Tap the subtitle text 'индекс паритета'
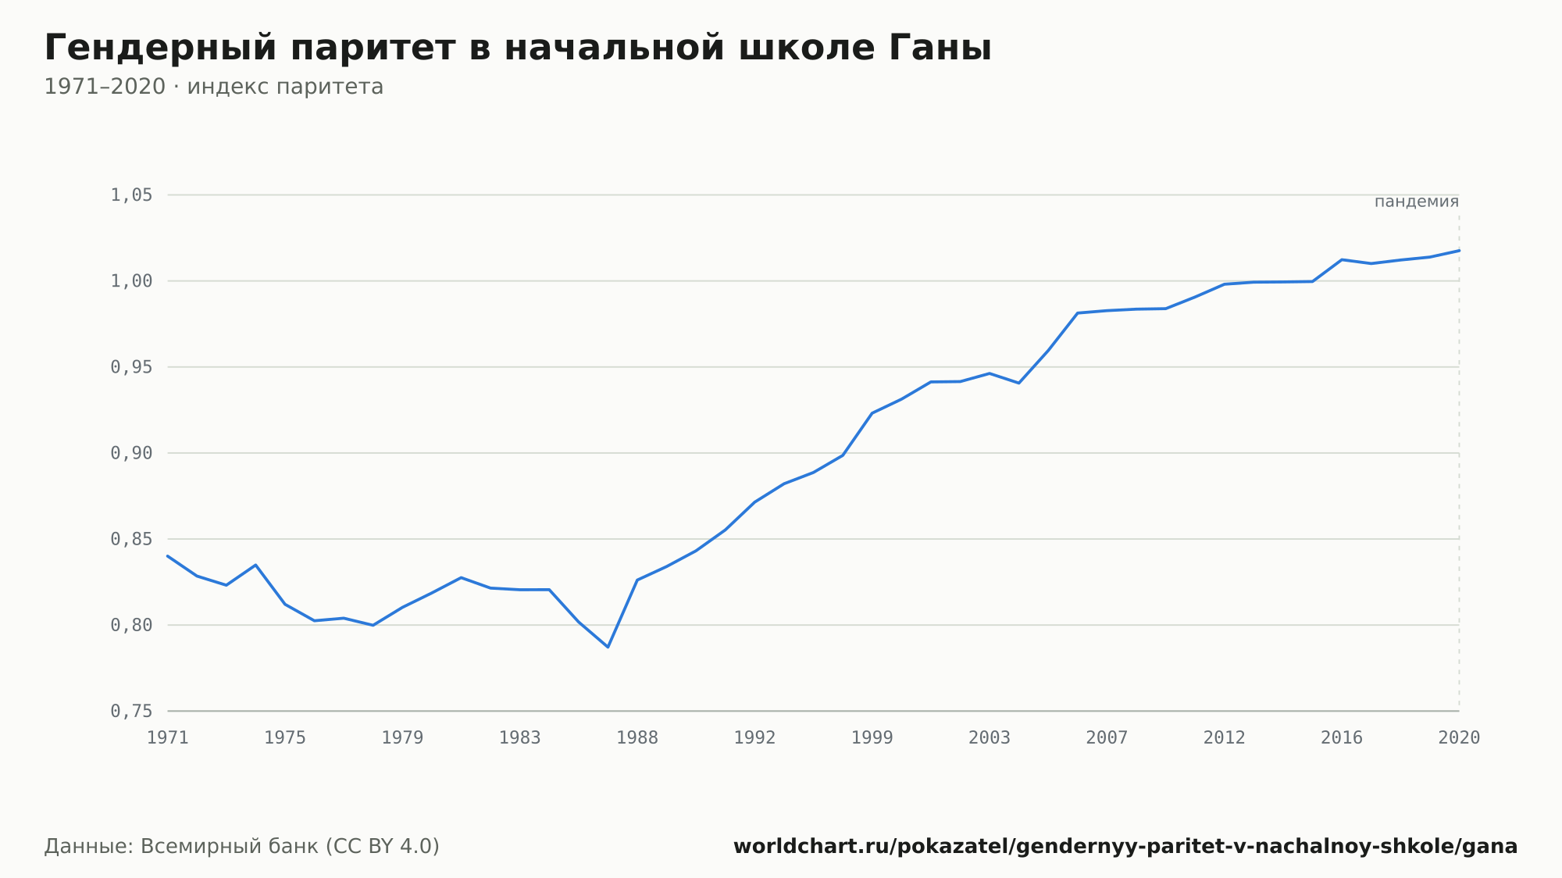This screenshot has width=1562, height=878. coord(285,87)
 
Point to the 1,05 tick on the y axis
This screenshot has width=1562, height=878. coord(131,195)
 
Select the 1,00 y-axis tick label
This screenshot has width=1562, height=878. coord(131,281)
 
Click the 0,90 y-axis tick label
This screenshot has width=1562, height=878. coord(131,453)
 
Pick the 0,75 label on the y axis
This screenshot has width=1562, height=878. coord(131,711)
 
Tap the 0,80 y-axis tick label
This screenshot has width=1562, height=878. coord(131,625)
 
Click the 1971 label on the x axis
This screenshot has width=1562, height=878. coord(168,737)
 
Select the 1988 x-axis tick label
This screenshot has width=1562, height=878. coord(637,737)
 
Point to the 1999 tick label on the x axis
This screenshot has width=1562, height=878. coord(872,737)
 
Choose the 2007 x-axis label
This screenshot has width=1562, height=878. coord(1107,737)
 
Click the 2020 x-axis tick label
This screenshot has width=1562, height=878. coord(1459,737)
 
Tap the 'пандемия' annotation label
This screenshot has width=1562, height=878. coord(1417,202)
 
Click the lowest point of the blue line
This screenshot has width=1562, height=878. coord(608,647)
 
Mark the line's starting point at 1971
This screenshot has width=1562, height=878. coord(168,556)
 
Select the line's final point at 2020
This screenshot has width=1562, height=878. coord(1459,251)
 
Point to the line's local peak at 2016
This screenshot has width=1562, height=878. coord(1341,259)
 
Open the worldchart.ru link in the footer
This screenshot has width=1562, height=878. coord(1125,846)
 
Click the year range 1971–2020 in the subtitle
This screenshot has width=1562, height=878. coord(105,87)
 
